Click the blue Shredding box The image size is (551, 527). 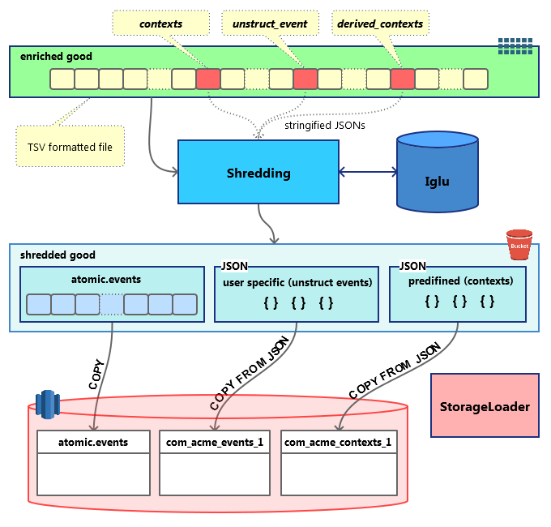[258, 172]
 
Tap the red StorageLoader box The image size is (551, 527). [485, 406]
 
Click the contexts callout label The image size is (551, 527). [160, 24]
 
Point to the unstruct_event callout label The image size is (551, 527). [270, 24]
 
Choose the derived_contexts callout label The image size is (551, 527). [379, 24]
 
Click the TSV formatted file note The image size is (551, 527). [70, 147]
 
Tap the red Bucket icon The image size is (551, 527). [519, 244]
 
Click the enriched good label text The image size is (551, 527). [56, 57]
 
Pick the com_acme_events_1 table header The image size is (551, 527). [215, 442]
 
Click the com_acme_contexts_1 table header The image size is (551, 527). [338, 442]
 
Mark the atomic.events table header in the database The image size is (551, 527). [93, 442]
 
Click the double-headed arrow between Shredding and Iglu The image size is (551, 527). [367, 172]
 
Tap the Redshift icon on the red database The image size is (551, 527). [48, 405]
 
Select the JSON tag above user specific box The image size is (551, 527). [234, 266]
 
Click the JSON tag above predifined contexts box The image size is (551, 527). [412, 266]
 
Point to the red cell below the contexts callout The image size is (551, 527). [208, 79]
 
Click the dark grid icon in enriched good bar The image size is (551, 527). [515, 45]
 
